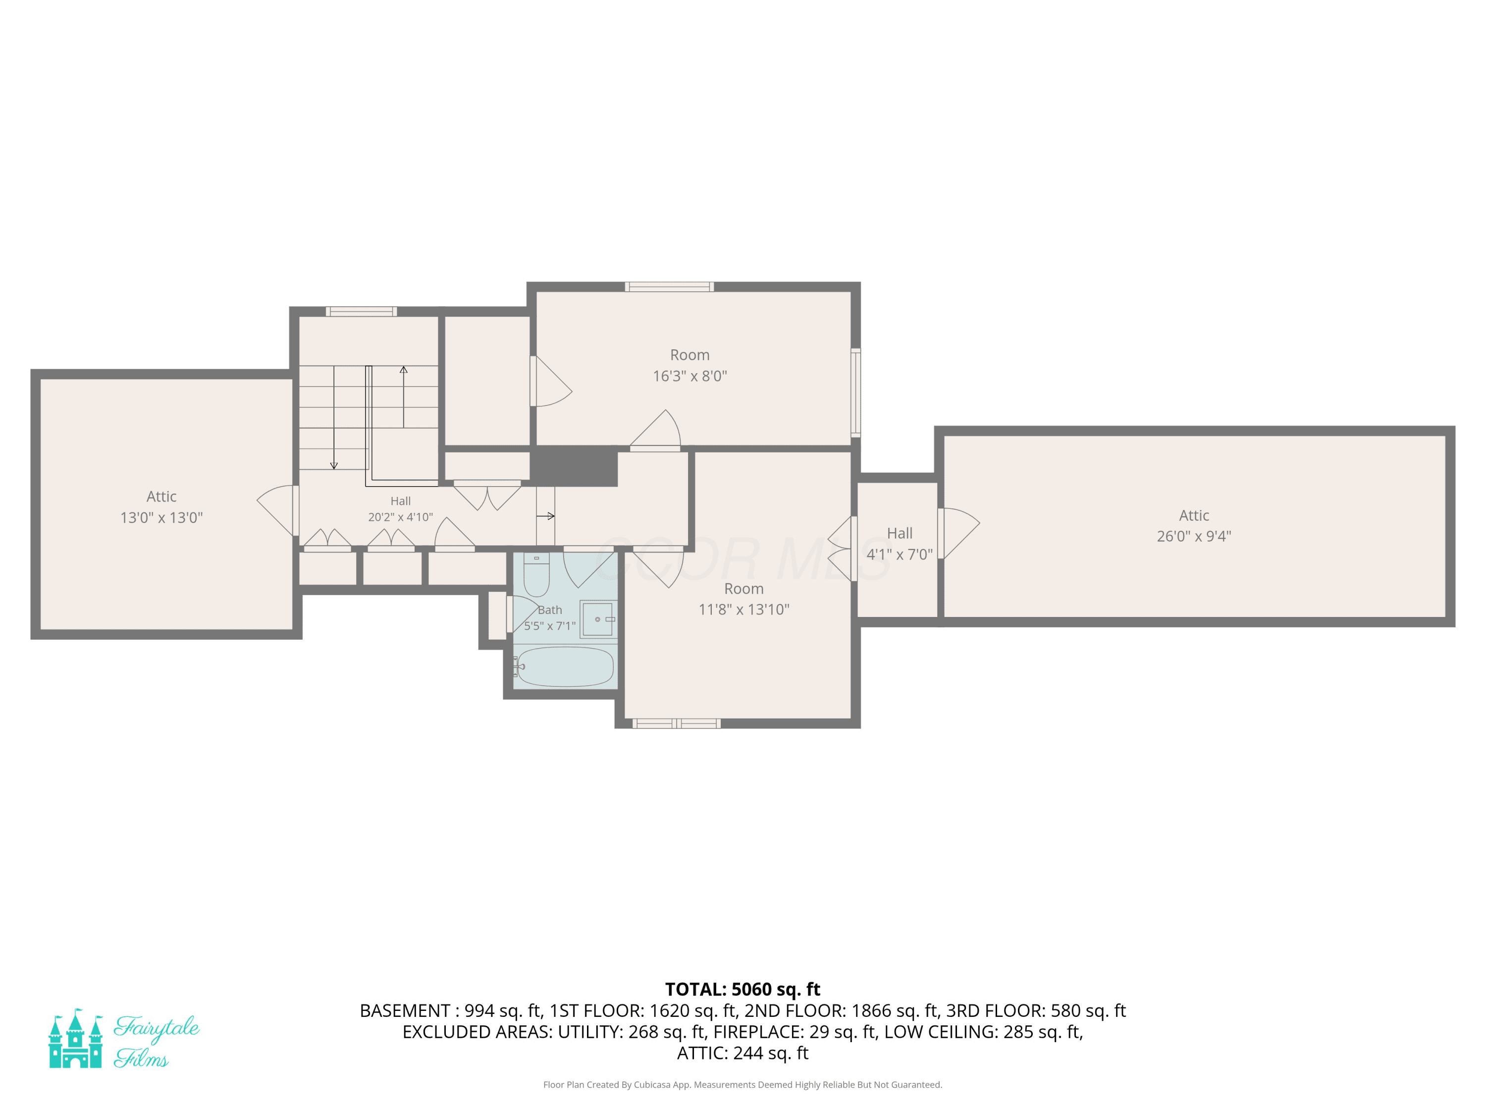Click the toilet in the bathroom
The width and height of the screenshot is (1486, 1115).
point(536,575)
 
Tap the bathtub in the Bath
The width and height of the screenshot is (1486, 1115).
point(565,666)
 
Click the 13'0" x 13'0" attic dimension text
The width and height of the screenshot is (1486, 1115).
point(161,517)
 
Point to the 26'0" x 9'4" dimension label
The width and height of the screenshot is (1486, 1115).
point(1194,536)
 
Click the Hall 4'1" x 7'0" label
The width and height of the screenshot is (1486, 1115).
point(900,544)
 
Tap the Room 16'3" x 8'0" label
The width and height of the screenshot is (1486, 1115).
point(690,365)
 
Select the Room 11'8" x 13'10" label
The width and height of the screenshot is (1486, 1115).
point(743,599)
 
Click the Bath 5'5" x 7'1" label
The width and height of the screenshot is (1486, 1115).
point(549,617)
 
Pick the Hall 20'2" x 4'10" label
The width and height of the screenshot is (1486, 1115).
point(400,509)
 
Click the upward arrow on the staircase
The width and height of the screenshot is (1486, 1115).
point(404,396)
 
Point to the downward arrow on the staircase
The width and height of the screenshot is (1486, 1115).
point(334,417)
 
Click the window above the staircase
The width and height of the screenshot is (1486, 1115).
point(362,311)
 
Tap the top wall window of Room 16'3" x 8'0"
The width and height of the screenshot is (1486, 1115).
point(669,287)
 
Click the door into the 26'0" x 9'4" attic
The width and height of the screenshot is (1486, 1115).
point(958,533)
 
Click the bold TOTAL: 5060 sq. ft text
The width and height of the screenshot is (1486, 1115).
point(743,989)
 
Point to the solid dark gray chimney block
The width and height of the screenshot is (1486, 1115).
point(574,465)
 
